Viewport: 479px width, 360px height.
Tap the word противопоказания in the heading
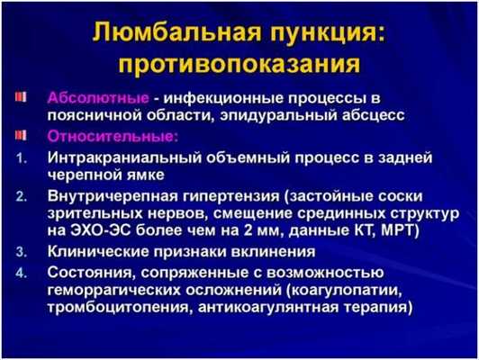pyautogui.click(x=239, y=66)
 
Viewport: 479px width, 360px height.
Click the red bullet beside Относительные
pyautogui.click(x=21, y=136)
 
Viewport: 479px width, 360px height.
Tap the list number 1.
pyautogui.click(x=21, y=157)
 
